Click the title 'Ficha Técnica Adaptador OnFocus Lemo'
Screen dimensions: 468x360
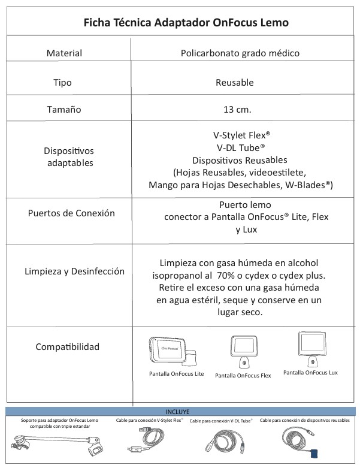[x=180, y=23]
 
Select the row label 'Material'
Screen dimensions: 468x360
[x=64, y=53]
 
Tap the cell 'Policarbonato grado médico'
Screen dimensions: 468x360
[x=240, y=53]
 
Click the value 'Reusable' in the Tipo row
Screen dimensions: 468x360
[x=234, y=82]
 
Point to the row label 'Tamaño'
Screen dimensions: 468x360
[x=63, y=111]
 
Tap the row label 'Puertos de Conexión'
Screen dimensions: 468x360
[x=71, y=213]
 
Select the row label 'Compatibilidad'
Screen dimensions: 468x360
[x=67, y=347]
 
